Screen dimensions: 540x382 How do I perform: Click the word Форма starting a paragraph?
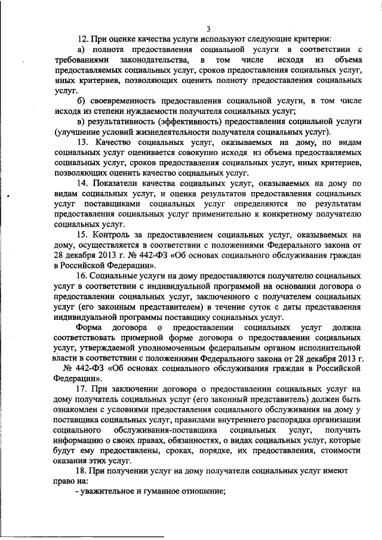(x=91, y=328)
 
